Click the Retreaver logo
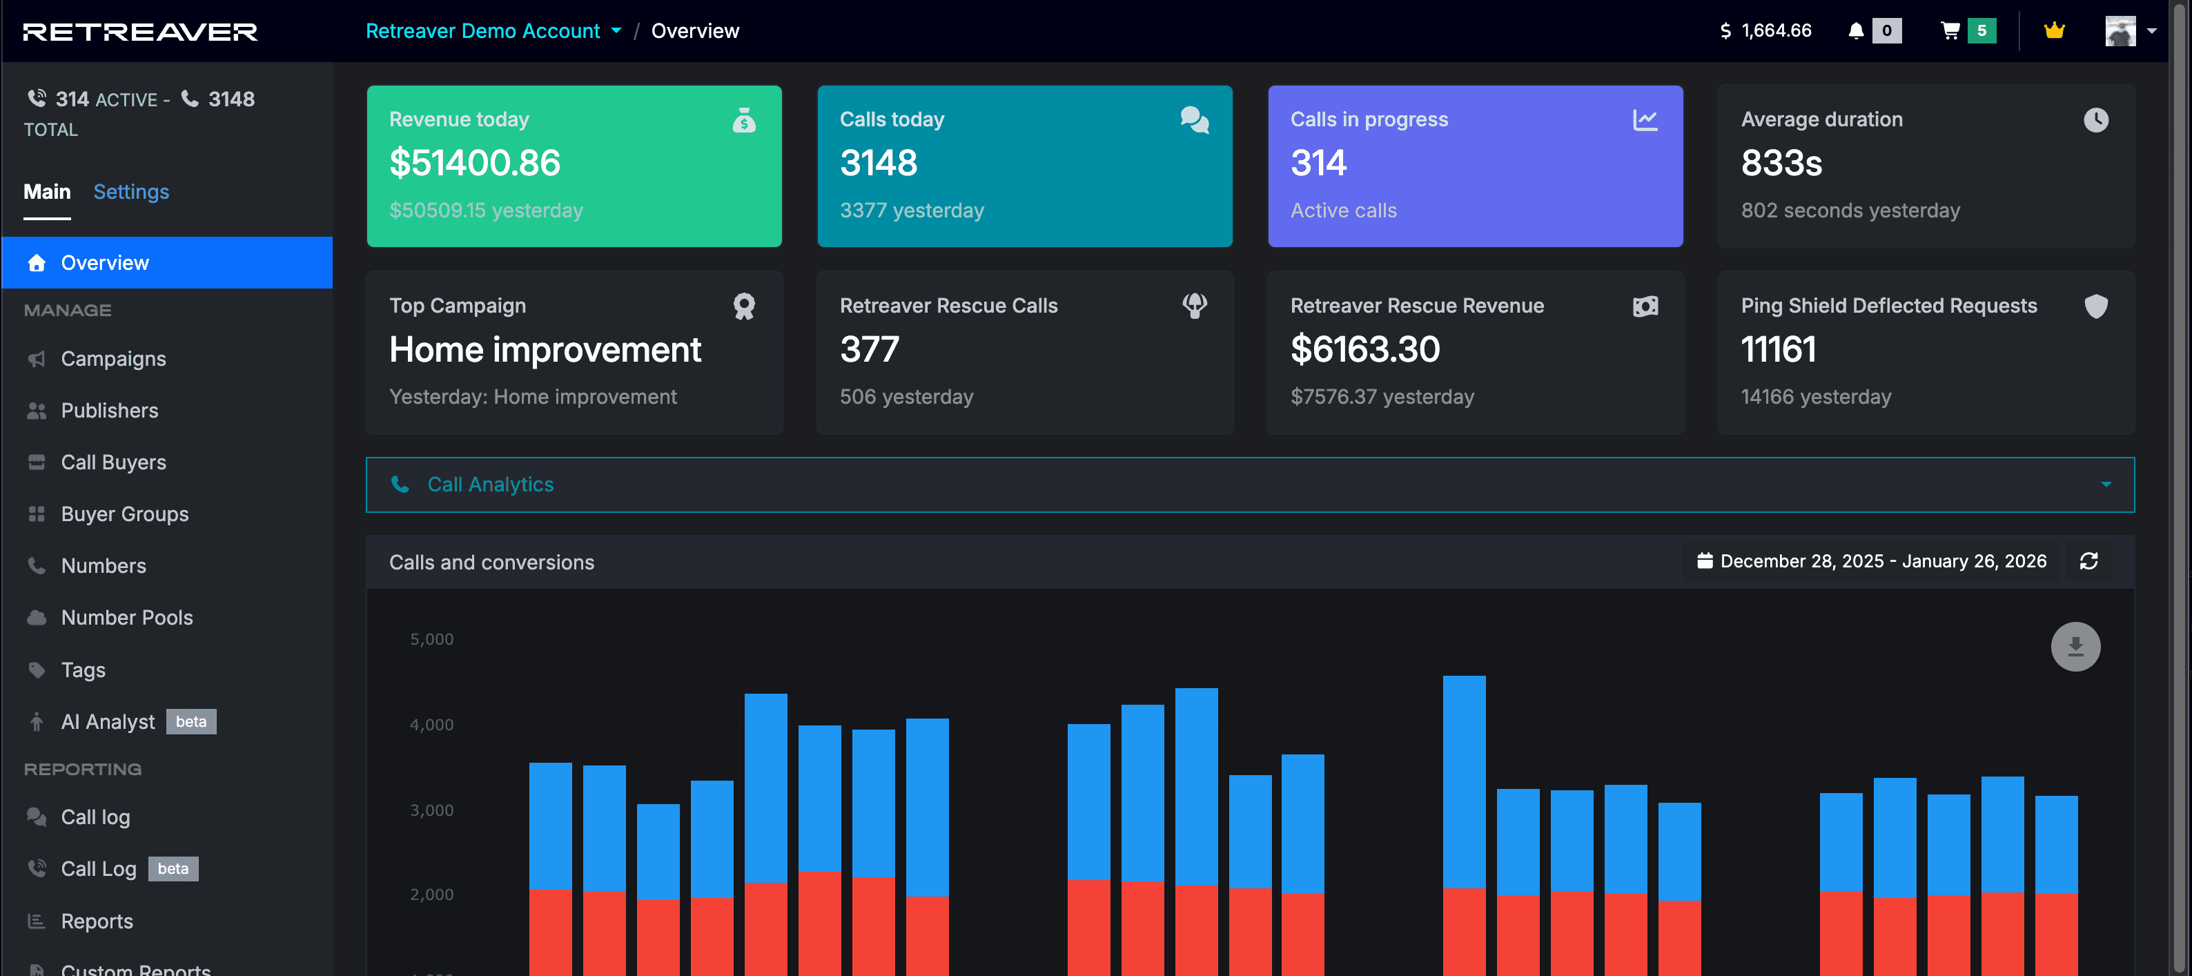(x=139, y=32)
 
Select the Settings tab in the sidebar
(x=131, y=191)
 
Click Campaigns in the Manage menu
(x=113, y=359)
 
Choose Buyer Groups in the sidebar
(x=124, y=514)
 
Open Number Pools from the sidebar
(x=127, y=618)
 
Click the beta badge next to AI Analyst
(x=190, y=721)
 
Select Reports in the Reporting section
(x=97, y=921)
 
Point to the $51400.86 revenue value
(x=475, y=162)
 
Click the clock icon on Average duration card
(x=2096, y=120)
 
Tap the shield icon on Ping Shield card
(x=2096, y=306)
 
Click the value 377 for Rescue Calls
(x=869, y=349)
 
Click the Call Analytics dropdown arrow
(x=2105, y=485)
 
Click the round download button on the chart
(x=2075, y=647)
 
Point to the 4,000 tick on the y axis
(x=431, y=725)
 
